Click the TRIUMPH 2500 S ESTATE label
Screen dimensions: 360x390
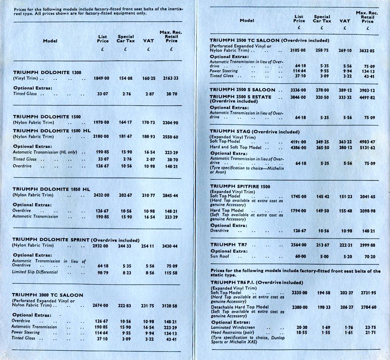(242, 96)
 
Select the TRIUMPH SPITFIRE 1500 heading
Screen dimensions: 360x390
(240, 187)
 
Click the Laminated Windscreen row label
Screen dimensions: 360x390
(231, 327)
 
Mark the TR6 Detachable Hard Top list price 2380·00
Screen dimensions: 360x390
(299, 306)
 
